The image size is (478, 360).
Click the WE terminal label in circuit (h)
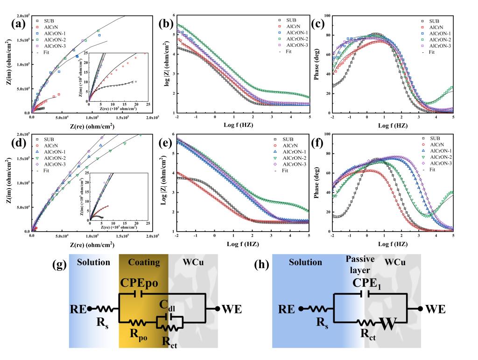pos(435,309)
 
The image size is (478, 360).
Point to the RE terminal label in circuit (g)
pos(78,309)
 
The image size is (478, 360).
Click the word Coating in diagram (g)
pos(144,262)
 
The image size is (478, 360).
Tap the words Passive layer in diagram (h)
pos(358,264)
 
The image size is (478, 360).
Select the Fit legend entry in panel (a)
pos(48,51)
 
